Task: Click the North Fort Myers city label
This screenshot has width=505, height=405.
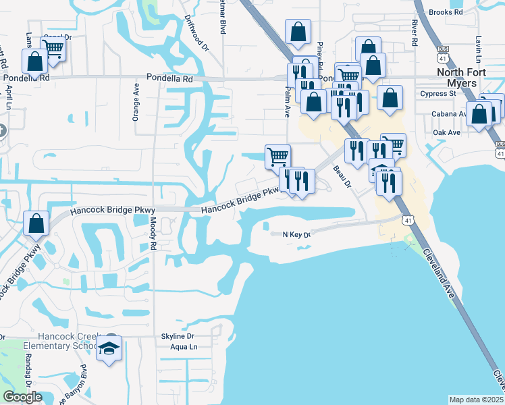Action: point(467,77)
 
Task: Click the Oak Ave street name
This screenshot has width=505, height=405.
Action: point(446,132)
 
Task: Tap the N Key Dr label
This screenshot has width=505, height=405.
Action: point(296,234)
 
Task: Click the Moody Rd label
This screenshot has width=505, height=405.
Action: point(153,234)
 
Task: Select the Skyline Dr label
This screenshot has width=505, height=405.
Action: point(178,336)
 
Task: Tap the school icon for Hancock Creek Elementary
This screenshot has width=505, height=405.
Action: point(109,348)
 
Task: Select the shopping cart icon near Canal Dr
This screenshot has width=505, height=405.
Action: point(52,49)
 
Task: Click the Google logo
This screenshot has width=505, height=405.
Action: point(22,397)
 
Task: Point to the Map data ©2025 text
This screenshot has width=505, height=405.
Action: point(476,400)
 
